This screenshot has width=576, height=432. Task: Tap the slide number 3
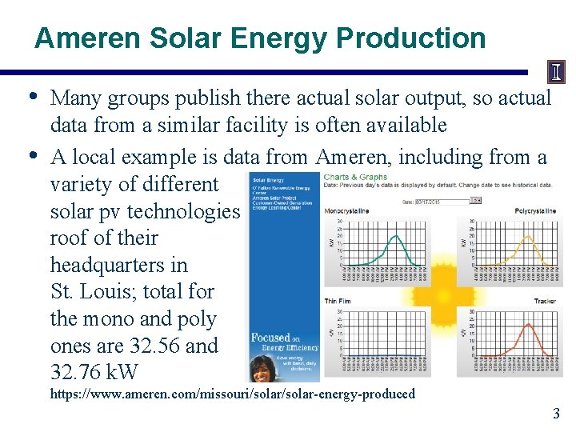[556, 413]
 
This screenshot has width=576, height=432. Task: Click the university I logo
[555, 73]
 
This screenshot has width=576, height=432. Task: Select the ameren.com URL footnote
[232, 394]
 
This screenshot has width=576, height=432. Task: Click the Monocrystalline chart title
[346, 211]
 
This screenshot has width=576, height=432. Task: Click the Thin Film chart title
[339, 301]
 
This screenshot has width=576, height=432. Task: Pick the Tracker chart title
[545, 301]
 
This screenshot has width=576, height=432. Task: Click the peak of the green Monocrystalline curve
[395, 235]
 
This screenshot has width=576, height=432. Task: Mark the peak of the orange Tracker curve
[526, 325]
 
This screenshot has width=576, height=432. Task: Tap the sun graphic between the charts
[444, 293]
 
